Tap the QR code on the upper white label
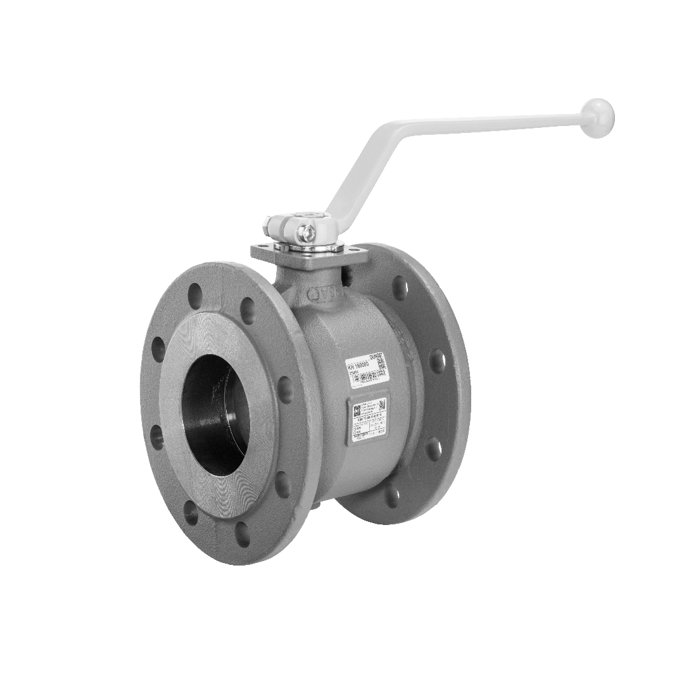[x=381, y=366]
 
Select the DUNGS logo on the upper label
[x=377, y=357]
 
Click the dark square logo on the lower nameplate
[x=357, y=408]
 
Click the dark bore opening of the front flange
[x=215, y=415]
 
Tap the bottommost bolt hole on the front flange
[x=242, y=534]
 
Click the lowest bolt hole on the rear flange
[x=393, y=496]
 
